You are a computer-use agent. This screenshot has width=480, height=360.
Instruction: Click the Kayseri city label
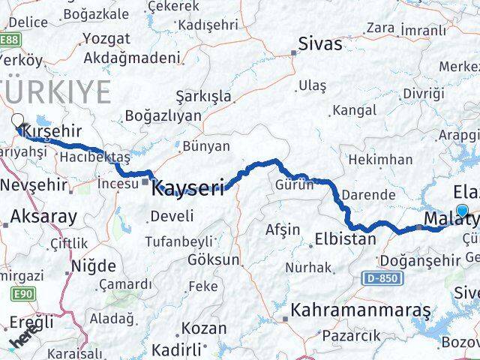tap(187, 187)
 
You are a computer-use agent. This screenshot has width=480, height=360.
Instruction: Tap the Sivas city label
tap(320, 43)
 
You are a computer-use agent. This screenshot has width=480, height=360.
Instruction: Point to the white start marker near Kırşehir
tap(17, 121)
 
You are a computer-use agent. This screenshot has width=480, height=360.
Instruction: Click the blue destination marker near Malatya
tap(463, 212)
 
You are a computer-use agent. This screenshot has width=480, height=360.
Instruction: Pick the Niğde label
tap(93, 265)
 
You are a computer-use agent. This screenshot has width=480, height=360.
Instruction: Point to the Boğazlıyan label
tap(163, 115)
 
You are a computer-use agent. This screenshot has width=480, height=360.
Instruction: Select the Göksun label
tap(214, 260)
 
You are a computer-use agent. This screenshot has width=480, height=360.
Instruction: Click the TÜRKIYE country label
tap(56, 91)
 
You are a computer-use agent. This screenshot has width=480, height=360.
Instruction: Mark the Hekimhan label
tap(380, 159)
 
